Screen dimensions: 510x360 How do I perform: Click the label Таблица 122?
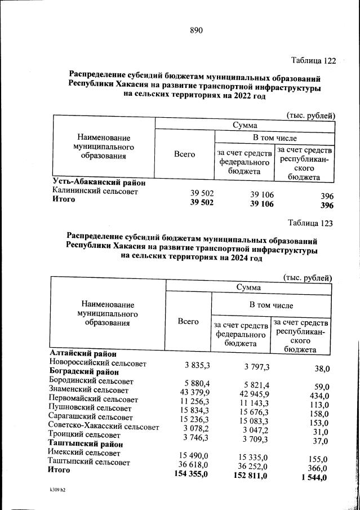click(313, 60)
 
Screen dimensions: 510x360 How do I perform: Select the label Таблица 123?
click(310, 223)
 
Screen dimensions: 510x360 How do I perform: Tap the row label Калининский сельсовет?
click(95, 192)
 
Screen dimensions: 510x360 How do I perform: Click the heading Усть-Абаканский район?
click(99, 183)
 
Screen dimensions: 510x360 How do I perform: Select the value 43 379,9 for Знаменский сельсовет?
click(194, 392)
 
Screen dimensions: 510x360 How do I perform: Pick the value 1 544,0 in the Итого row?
click(314, 478)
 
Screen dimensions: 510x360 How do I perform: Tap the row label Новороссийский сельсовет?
click(97, 363)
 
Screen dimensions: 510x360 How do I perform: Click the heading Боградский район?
click(84, 372)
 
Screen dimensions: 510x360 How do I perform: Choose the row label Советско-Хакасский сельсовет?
click(104, 426)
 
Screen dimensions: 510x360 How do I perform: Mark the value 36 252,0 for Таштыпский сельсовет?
click(252, 466)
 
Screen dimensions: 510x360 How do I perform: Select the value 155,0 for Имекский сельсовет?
click(318, 459)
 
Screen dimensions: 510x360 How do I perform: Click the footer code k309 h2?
click(57, 490)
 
